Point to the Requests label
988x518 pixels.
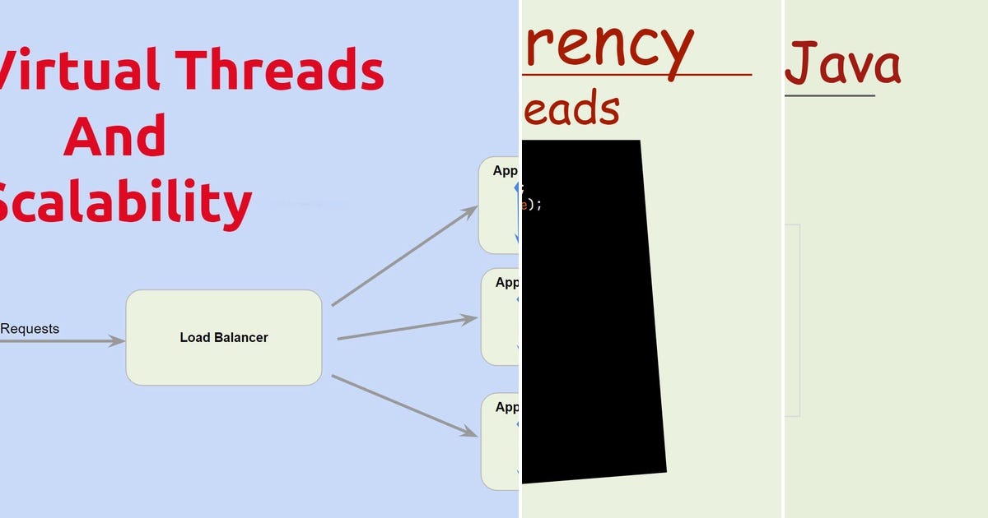click(x=30, y=329)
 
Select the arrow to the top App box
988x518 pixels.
click(x=403, y=256)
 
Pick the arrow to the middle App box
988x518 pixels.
click(x=407, y=328)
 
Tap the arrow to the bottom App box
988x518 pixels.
click(x=403, y=405)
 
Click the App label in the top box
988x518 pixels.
click(x=505, y=171)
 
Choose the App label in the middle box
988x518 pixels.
click(x=506, y=283)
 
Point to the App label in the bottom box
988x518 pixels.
click(x=506, y=407)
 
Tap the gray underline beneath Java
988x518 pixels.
click(x=829, y=96)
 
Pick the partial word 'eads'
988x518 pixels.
click(x=571, y=109)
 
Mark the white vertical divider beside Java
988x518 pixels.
click(x=782, y=259)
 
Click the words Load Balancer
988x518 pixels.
click(x=223, y=338)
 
